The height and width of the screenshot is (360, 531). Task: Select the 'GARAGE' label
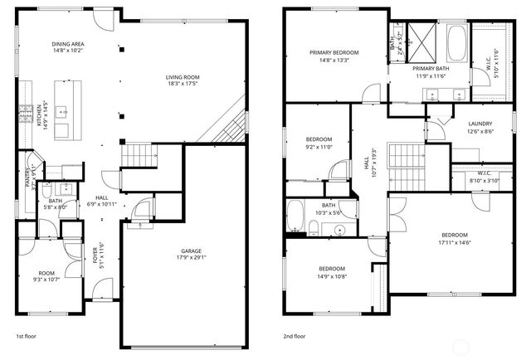point(192,251)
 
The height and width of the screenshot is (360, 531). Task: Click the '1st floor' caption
point(27,337)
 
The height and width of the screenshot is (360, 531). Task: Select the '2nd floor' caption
point(295,337)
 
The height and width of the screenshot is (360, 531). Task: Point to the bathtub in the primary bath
point(455,41)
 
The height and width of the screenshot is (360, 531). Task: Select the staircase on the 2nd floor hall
point(407,160)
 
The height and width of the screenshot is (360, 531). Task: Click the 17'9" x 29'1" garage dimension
point(192,257)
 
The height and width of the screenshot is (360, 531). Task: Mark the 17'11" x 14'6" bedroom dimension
point(454,241)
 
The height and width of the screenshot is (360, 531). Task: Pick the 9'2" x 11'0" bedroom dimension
point(319,146)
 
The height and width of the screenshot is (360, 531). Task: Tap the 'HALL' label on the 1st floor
point(102,197)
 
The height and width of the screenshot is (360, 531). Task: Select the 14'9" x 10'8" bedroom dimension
point(332,275)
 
